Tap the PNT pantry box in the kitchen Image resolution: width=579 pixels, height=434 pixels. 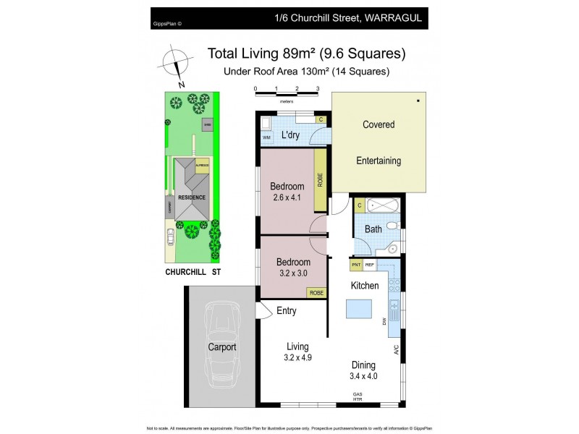[356, 265]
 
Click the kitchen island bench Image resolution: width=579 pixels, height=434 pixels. [360, 310]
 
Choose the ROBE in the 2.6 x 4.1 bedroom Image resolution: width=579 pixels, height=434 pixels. [319, 178]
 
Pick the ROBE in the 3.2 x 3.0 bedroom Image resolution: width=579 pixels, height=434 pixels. [316, 292]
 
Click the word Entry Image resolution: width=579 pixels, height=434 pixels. [287, 311]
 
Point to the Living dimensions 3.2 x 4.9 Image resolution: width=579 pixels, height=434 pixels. [298, 357]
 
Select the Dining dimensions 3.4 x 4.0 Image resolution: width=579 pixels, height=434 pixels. [363, 376]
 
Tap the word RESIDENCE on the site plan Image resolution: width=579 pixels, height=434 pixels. [193, 197]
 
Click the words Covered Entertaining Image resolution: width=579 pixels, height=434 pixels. [379, 142]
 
